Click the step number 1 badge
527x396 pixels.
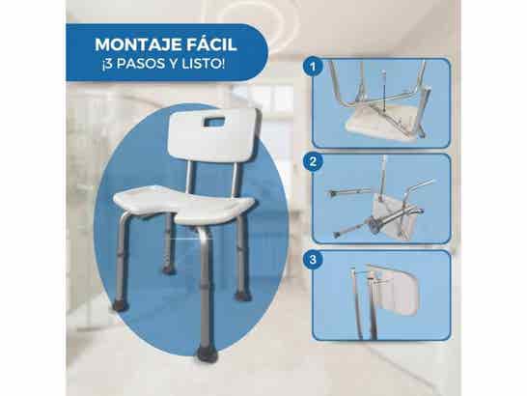coord(312,69)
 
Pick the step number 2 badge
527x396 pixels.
coord(312,163)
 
